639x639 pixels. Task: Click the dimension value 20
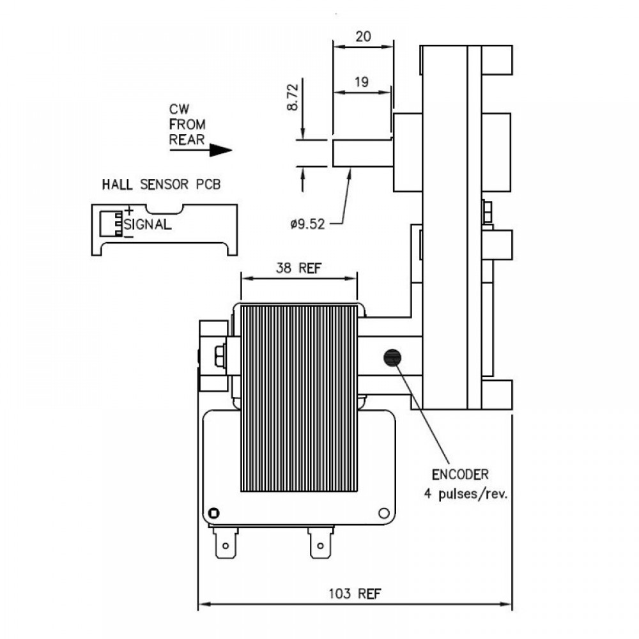363,36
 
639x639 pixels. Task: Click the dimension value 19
362,82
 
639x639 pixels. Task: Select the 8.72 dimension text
293,97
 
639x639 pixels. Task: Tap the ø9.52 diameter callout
307,224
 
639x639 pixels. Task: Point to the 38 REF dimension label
298,268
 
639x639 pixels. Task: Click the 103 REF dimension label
355,594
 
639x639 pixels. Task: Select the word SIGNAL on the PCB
148,224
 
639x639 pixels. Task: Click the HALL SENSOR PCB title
161,184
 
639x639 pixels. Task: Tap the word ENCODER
460,474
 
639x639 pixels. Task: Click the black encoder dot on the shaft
392,358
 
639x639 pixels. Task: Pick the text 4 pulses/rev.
466,494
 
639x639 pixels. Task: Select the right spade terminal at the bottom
320,543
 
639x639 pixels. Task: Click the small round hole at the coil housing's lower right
384,513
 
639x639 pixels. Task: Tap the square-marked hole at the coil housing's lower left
213,513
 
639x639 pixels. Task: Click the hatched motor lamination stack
299,398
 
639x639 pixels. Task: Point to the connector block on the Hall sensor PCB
111,224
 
